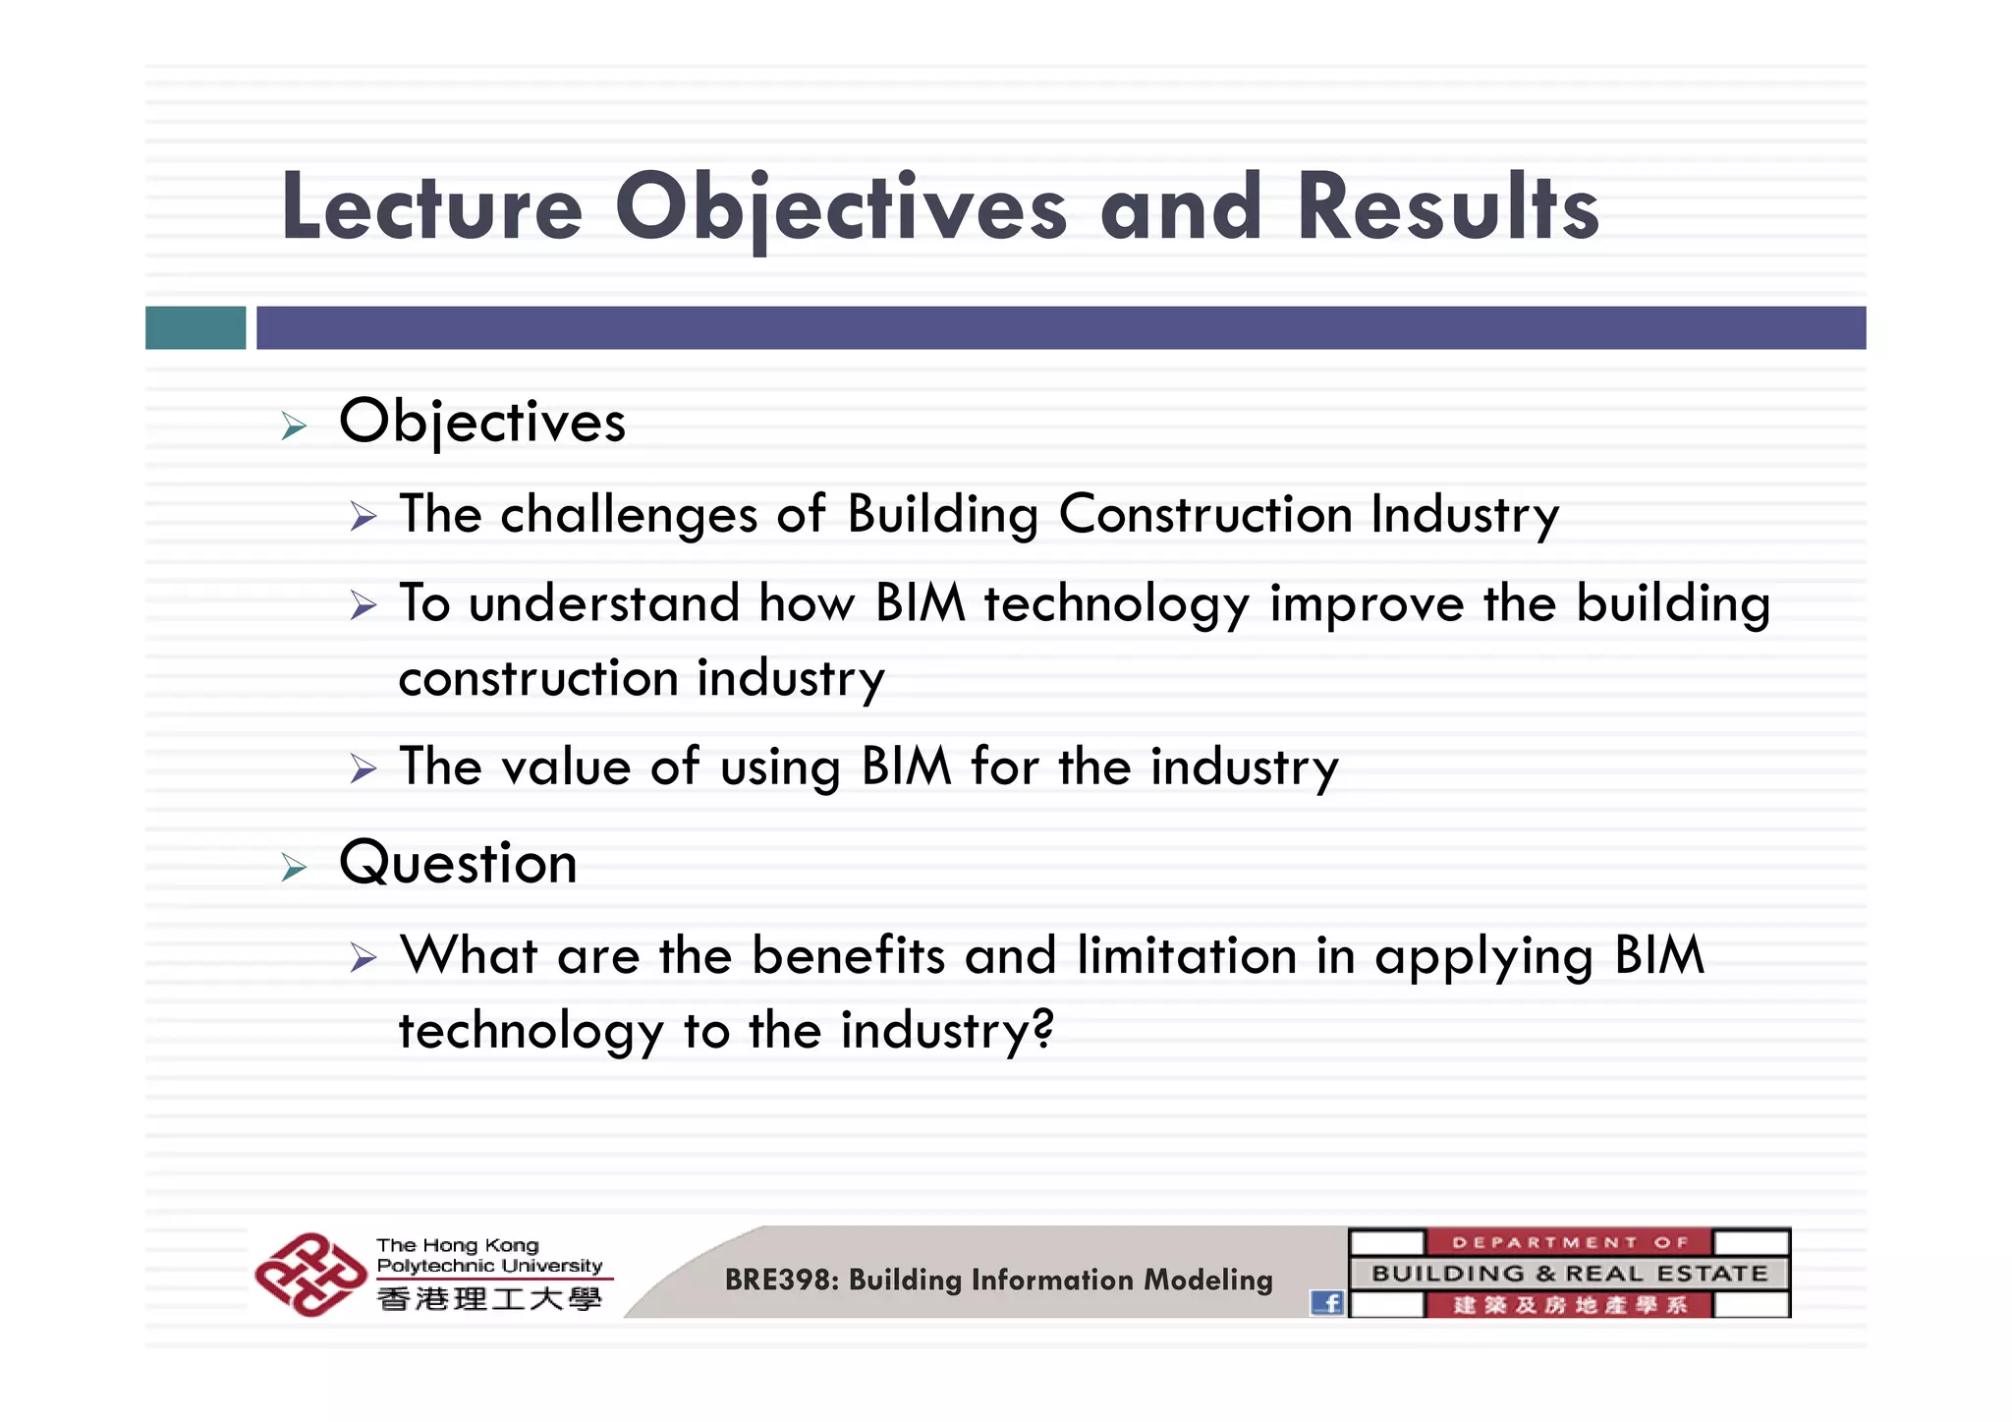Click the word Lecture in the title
click(x=431, y=207)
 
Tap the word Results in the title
click(x=1448, y=207)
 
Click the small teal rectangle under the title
click(x=196, y=327)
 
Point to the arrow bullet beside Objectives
click(x=293, y=427)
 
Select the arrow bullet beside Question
click(x=293, y=867)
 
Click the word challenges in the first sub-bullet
click(x=629, y=515)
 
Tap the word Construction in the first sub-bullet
click(x=1205, y=514)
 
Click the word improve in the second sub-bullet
click(x=1367, y=604)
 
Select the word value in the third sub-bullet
click(x=565, y=767)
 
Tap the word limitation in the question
click(x=1187, y=955)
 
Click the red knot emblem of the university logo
click(x=310, y=1275)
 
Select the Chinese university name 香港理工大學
click(x=489, y=1299)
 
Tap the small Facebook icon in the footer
click(x=1327, y=1303)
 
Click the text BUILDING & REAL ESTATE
click(x=1569, y=1274)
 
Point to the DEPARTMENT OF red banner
click(x=1569, y=1242)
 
